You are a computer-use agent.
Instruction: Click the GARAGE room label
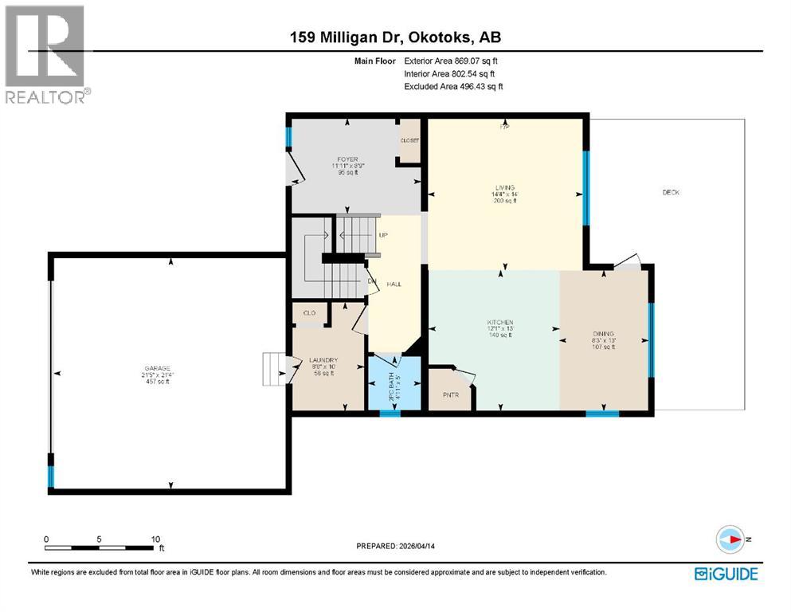157,368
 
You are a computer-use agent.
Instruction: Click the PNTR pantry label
449,394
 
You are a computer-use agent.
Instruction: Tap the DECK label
671,192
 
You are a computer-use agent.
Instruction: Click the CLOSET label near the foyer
409,140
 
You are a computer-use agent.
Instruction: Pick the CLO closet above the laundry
309,314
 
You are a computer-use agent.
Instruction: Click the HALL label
394,284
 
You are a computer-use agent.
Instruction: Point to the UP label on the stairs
383,236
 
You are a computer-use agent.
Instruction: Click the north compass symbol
730,539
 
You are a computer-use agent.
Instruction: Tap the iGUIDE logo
725,574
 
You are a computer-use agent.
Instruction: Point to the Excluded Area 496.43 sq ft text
453,86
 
